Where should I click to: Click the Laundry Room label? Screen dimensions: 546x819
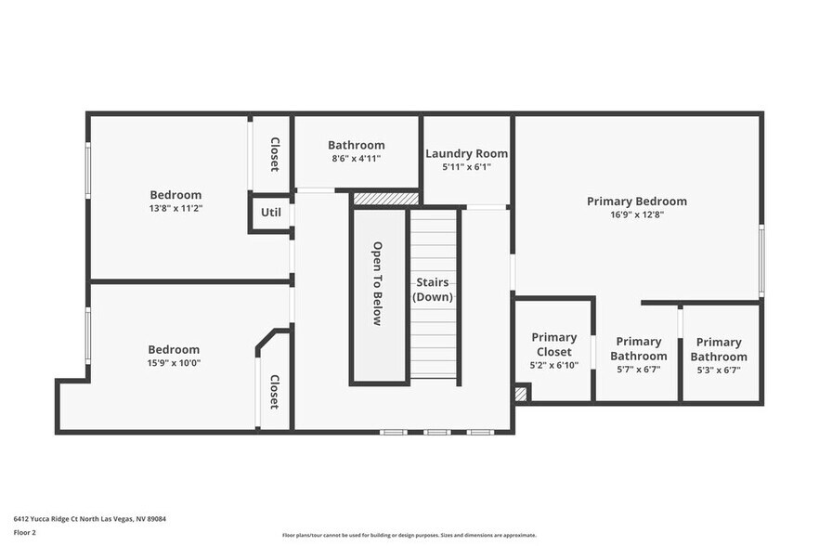pyautogui.click(x=466, y=153)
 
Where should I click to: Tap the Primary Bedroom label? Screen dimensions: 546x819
pyautogui.click(x=636, y=201)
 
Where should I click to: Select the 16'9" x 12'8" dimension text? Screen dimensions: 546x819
pyautogui.click(x=636, y=214)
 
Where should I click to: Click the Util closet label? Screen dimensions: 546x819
pyautogui.click(x=270, y=213)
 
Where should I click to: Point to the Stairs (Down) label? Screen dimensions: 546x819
pyautogui.click(x=433, y=290)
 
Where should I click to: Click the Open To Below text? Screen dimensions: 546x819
pyautogui.click(x=378, y=283)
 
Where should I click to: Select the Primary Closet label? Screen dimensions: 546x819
pyautogui.click(x=553, y=344)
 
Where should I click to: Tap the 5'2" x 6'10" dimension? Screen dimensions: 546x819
pyautogui.click(x=553, y=365)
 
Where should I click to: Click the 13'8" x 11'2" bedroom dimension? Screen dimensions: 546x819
pyautogui.click(x=175, y=209)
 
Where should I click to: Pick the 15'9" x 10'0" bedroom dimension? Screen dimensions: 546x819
pyautogui.click(x=174, y=363)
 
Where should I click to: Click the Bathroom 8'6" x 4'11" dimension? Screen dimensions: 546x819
pyautogui.click(x=356, y=159)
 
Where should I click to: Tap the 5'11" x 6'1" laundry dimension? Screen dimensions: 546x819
pyautogui.click(x=466, y=167)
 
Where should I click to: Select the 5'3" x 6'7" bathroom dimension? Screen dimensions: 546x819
pyautogui.click(x=719, y=370)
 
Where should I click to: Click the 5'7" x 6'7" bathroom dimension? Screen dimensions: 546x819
pyautogui.click(x=639, y=370)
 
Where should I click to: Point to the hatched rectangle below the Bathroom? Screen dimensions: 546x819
pyautogui.click(x=386, y=199)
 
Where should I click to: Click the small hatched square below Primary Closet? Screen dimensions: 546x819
pyautogui.click(x=521, y=394)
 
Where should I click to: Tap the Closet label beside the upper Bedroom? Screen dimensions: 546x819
pyautogui.click(x=275, y=154)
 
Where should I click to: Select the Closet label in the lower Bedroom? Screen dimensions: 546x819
pyautogui.click(x=275, y=392)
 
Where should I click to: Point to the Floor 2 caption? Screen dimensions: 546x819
pyautogui.click(x=24, y=533)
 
